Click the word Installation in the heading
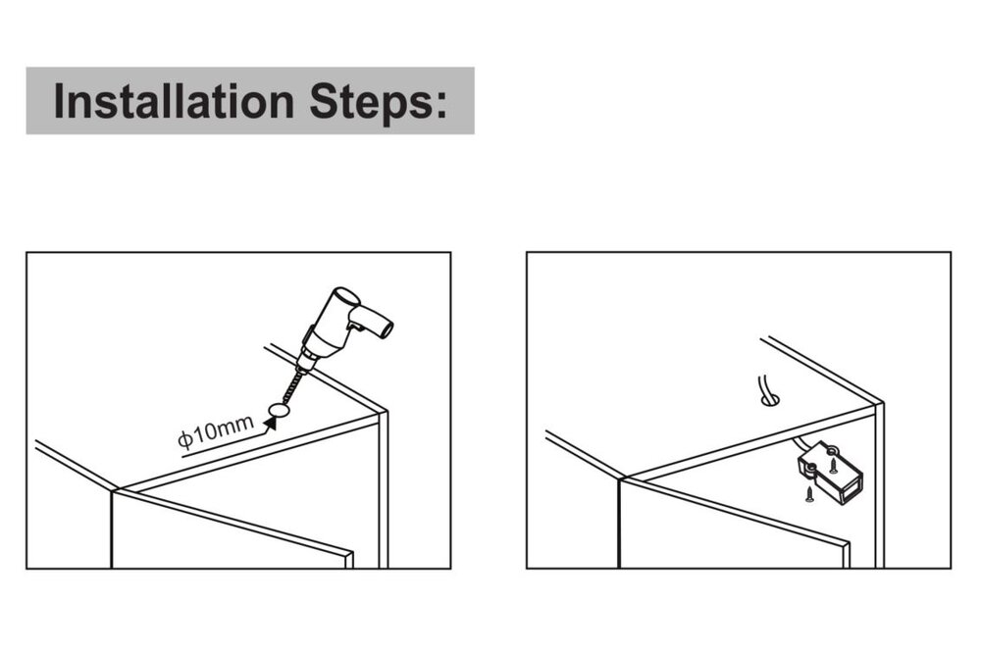(174, 101)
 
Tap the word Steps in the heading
(371, 101)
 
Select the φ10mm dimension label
(216, 430)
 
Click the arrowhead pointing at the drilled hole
(271, 423)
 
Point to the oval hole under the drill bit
(279, 410)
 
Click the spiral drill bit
(291, 387)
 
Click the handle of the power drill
(373, 321)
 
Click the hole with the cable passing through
(771, 399)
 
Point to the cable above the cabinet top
(762, 387)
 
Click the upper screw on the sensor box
(833, 465)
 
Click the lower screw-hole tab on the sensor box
(810, 469)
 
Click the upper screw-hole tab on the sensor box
(833, 449)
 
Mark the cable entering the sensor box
(802, 445)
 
